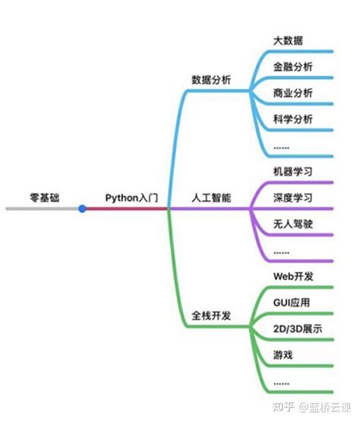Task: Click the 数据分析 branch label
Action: point(212,79)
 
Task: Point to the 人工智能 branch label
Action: point(211,198)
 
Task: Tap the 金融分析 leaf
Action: point(292,66)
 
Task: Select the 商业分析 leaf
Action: point(292,93)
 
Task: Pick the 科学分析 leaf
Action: point(292,119)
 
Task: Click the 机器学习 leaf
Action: point(292,171)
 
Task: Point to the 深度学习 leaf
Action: point(292,198)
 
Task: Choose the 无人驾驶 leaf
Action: point(292,224)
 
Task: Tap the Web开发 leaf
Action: point(292,275)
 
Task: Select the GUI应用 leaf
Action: point(292,302)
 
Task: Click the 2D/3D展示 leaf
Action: point(297,328)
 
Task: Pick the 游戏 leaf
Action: point(282,355)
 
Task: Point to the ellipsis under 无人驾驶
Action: point(281,249)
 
